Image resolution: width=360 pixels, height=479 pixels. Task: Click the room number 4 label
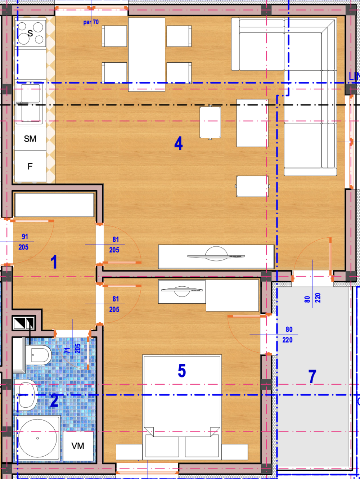179,143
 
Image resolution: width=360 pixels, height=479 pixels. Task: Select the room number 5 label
182,371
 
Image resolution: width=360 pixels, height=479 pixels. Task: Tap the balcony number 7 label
312,377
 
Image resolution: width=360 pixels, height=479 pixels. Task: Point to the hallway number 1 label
54,262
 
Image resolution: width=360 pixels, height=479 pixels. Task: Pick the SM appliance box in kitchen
30,139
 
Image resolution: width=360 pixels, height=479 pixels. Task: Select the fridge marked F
30,166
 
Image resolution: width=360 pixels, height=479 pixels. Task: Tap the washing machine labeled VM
78,446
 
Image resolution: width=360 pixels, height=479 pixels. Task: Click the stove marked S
31,33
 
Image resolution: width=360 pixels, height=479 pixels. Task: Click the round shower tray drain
37,438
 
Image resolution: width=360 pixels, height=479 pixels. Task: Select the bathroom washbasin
26,395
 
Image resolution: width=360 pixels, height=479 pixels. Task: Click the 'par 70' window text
91,22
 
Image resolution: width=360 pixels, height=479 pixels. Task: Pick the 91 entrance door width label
24,237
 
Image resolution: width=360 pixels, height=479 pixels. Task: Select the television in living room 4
216,256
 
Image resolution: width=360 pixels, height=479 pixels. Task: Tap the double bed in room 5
182,396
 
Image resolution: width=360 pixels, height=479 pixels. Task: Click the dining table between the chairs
147,54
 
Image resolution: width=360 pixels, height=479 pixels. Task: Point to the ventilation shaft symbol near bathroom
24,323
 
